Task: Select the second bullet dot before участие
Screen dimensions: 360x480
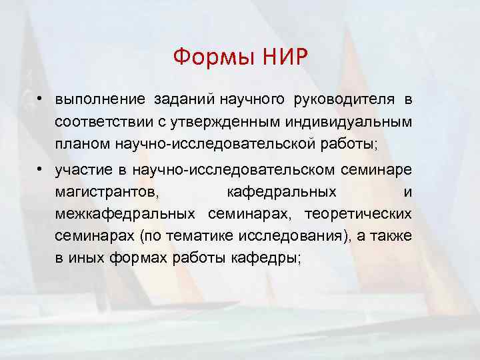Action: [x=41, y=169]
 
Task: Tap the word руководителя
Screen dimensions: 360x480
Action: [x=346, y=100]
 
